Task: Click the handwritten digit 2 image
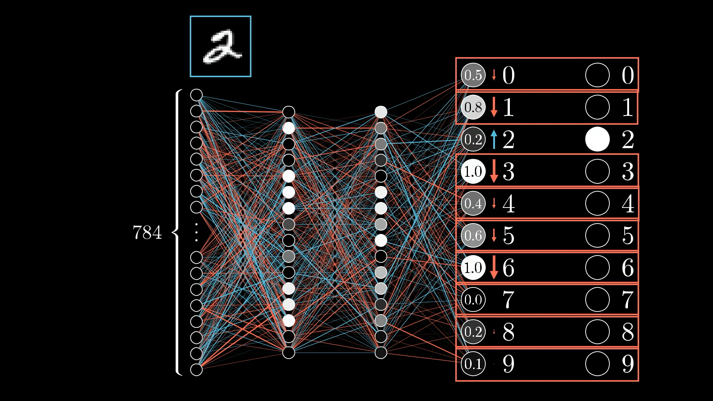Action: pos(221,46)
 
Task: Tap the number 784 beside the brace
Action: pos(147,233)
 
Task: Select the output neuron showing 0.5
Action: pos(473,75)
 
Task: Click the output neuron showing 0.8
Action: pos(473,107)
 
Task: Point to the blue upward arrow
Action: pos(494,140)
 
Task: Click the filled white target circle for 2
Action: pos(597,139)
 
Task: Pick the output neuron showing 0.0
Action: pos(473,300)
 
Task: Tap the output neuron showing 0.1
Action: pos(473,364)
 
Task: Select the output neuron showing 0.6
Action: pos(473,235)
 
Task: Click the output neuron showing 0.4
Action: pos(473,203)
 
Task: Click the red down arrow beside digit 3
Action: pos(494,171)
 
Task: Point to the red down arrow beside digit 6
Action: pos(494,267)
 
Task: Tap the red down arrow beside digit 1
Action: pos(494,107)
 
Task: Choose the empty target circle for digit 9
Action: pos(597,364)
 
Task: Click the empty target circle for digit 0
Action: pos(597,75)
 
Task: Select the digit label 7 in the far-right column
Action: pos(628,300)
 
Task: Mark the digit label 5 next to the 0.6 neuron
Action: pos(509,235)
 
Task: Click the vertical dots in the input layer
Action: pos(196,232)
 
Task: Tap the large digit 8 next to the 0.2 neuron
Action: pos(509,332)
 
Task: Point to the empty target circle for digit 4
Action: pos(597,203)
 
